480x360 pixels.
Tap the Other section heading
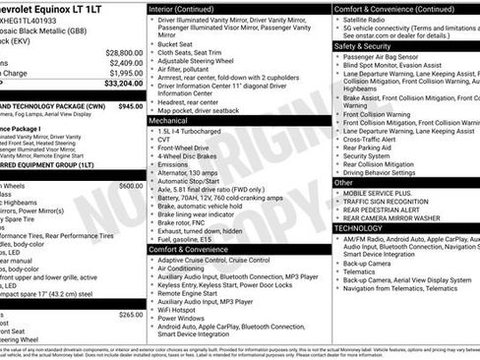coord(343,182)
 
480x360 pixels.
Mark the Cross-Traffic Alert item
coord(375,139)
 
